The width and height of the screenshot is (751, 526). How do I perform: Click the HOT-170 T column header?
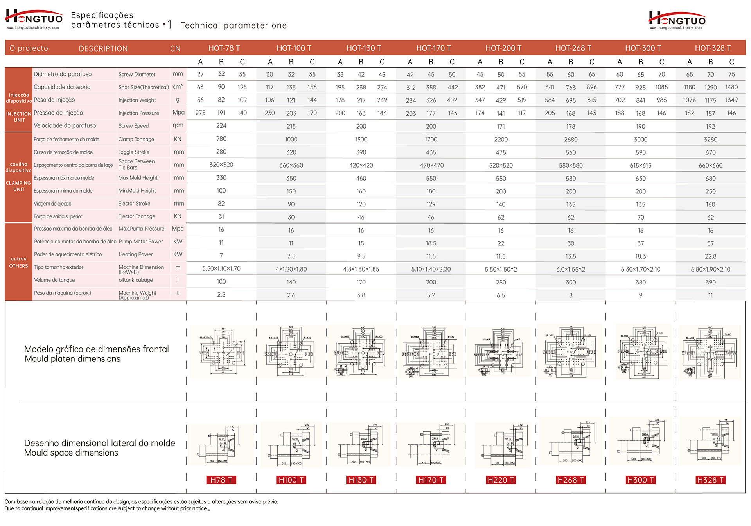(x=433, y=48)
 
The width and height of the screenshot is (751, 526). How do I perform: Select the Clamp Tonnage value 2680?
(x=571, y=140)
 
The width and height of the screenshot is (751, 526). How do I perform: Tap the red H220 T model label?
(x=501, y=480)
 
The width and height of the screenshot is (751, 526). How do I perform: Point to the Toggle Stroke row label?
(x=134, y=152)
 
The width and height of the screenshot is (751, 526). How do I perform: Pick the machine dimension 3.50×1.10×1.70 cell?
(x=221, y=269)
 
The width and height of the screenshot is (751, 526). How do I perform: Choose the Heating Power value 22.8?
(x=710, y=256)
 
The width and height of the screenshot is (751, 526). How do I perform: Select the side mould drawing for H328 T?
(x=710, y=441)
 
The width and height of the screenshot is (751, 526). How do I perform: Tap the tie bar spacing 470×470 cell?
(x=431, y=165)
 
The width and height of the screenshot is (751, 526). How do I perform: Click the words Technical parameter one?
(x=234, y=25)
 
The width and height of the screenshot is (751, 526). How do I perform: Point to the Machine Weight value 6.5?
(x=501, y=295)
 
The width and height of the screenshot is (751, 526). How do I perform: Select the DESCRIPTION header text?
(x=103, y=48)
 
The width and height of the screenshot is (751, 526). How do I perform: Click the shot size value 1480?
(x=731, y=88)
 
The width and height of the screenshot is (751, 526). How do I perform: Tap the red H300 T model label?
(x=640, y=480)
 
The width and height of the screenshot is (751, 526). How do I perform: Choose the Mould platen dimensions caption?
(x=73, y=359)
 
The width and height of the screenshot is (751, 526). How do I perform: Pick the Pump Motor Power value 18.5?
(x=431, y=243)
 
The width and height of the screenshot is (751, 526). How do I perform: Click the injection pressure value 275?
(x=200, y=113)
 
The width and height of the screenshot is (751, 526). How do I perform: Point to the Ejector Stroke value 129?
(x=431, y=204)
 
